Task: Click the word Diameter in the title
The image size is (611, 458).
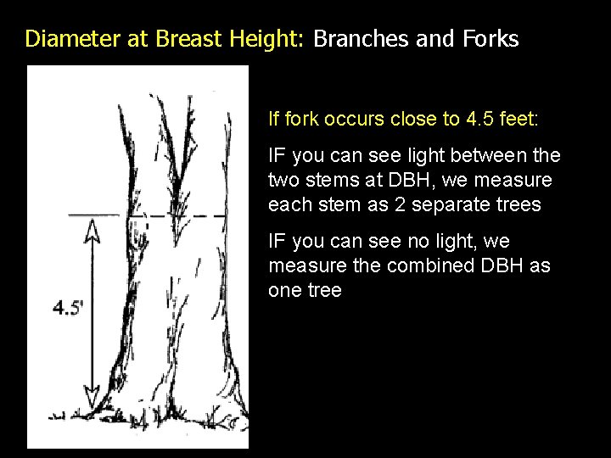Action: point(64,39)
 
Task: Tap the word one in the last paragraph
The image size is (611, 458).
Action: point(284,290)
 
